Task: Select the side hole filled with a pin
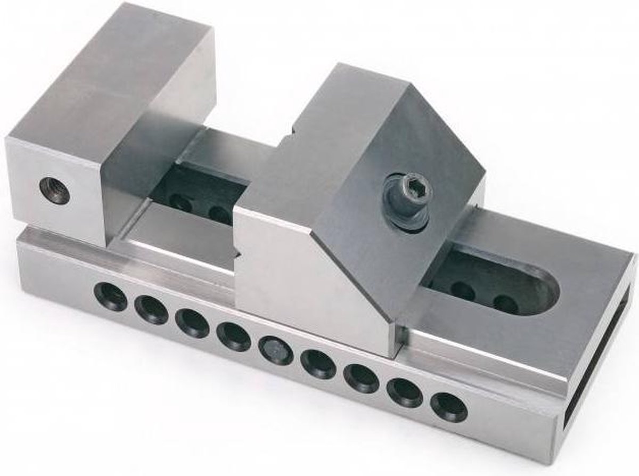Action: coord(275,350)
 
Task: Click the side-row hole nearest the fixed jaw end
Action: coord(110,297)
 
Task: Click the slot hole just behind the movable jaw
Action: coord(462,291)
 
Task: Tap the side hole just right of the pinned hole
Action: coord(317,364)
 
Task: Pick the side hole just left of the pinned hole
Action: coord(234,337)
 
